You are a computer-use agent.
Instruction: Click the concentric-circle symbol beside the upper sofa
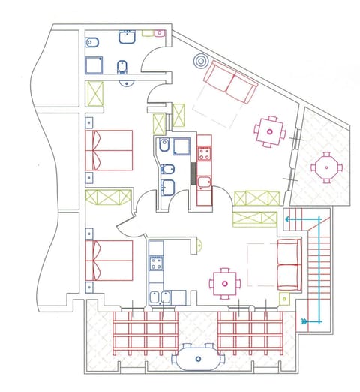coord(199,62)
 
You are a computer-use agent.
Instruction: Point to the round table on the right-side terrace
coord(325,167)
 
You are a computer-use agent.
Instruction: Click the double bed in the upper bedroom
coord(109,149)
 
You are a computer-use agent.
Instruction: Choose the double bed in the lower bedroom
coord(109,259)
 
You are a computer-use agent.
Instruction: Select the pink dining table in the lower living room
coord(224,284)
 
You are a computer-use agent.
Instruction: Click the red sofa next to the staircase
coord(288,264)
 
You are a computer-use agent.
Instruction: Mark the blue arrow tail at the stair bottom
coord(304,321)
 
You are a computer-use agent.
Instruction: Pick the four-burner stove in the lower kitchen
coord(157,263)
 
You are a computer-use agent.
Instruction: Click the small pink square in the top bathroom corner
coord(158,33)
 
